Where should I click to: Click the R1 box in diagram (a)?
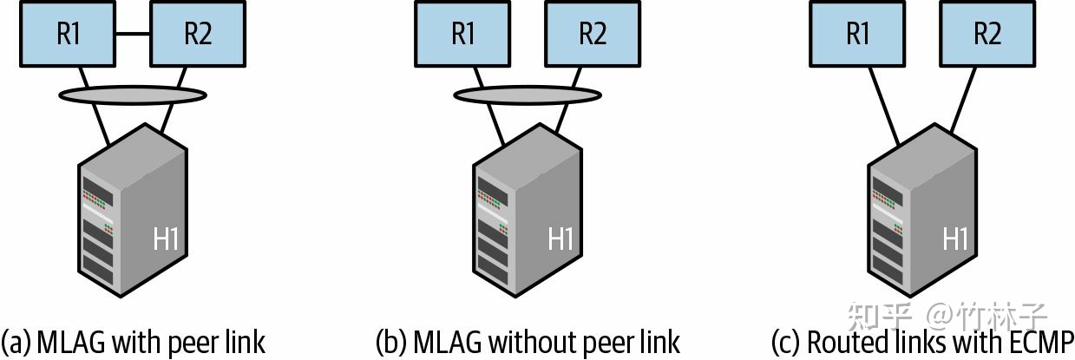(70, 34)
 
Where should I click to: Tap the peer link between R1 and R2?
(133, 34)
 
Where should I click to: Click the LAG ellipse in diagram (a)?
(133, 94)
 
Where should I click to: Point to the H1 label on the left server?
(165, 239)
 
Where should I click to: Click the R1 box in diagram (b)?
(463, 34)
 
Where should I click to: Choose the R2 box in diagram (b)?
(592, 34)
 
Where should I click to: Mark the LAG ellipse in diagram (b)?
(528, 94)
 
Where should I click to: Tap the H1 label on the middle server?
(560, 239)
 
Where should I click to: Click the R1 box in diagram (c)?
(857, 34)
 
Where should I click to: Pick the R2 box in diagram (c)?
(987, 34)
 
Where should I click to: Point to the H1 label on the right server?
(955, 239)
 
